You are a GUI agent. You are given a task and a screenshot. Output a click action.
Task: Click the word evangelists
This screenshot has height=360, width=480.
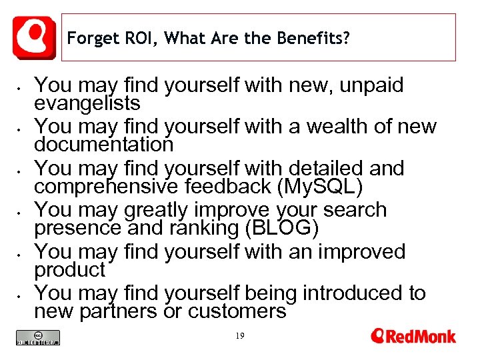pyautogui.click(x=87, y=103)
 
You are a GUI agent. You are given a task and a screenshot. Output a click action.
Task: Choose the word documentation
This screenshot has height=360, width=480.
pyautogui.click(x=103, y=144)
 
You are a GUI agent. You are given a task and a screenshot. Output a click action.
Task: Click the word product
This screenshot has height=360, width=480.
pyautogui.click(x=70, y=269)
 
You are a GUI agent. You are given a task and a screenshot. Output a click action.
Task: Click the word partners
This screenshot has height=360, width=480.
pyautogui.click(x=124, y=311)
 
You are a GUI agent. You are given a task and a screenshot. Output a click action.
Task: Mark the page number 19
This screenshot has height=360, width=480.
pyautogui.click(x=240, y=337)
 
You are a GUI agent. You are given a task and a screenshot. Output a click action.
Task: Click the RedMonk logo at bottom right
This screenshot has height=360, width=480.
pyautogui.click(x=413, y=336)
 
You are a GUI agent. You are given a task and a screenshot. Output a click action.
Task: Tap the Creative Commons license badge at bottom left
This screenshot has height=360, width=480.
pyautogui.click(x=38, y=338)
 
